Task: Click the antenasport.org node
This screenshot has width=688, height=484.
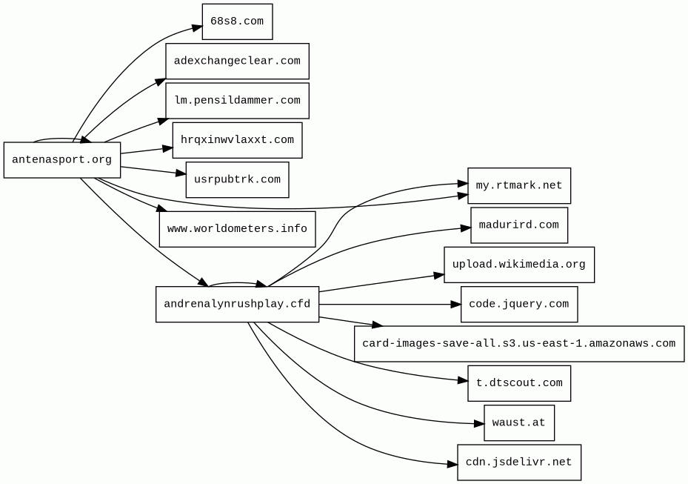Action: tap(62, 160)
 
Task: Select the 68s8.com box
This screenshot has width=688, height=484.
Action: tap(238, 21)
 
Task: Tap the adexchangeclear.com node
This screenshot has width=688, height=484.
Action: tap(238, 61)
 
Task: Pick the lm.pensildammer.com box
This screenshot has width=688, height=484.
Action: tap(238, 101)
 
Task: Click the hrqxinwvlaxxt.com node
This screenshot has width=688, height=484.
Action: tap(238, 140)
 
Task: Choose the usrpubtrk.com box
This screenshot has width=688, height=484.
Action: tap(238, 179)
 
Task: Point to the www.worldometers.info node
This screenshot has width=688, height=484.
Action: tap(238, 229)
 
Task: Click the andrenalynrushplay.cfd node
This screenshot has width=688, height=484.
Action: tap(238, 305)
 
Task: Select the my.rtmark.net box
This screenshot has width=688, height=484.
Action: tap(519, 186)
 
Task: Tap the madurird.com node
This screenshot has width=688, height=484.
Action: tap(519, 225)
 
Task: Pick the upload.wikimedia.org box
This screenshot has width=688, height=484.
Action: tap(519, 265)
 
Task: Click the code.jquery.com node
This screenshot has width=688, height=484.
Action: tap(519, 305)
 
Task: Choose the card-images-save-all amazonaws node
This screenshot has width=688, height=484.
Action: tap(519, 344)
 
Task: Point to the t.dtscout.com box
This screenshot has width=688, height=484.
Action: tap(519, 383)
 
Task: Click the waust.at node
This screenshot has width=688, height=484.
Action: tap(519, 423)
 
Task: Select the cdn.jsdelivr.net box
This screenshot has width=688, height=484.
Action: tap(519, 463)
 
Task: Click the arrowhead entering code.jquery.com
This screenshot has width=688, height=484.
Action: tap(456, 305)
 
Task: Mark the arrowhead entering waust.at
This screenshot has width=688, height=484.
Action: tap(479, 424)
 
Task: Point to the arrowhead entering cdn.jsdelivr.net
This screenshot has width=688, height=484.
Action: tap(452, 464)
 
